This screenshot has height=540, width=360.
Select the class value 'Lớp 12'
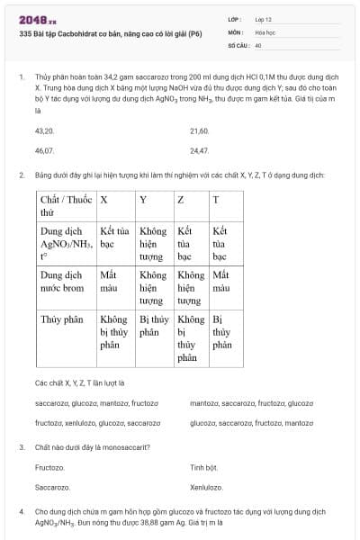pyautogui.click(x=264, y=18)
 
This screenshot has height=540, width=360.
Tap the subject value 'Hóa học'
pyautogui.click(x=265, y=31)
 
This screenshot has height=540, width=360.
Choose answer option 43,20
pyautogui.click(x=44, y=131)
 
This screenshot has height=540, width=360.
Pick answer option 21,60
pyautogui.click(x=200, y=131)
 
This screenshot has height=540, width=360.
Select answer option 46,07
pyautogui.click(x=44, y=151)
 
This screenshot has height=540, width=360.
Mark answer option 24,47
pyautogui.click(x=200, y=151)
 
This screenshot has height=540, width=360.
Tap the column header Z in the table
pyautogui.click(x=181, y=199)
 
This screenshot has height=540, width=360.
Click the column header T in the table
pyautogui.click(x=215, y=199)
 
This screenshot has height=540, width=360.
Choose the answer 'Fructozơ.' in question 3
pyautogui.click(x=50, y=467)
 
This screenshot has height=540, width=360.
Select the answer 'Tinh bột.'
pyautogui.click(x=204, y=467)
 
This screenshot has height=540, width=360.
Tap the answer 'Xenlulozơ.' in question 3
pyautogui.click(x=206, y=487)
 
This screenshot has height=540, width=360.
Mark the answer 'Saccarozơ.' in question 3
pyautogui.click(x=52, y=487)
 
